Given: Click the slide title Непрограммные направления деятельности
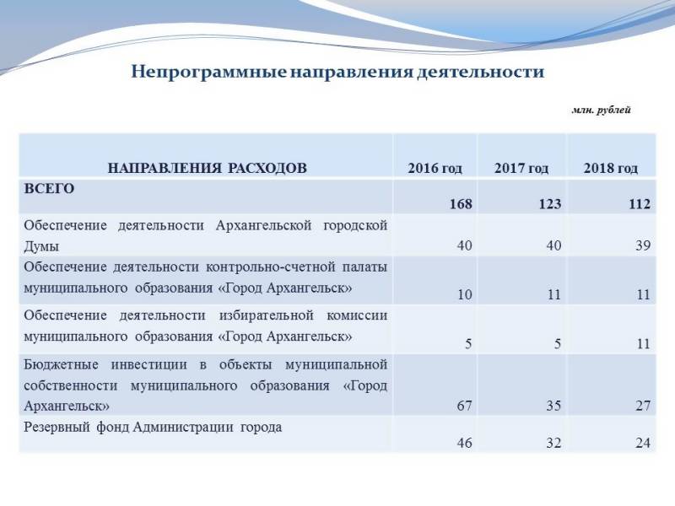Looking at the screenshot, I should (x=337, y=72).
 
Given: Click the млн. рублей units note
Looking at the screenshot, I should (x=601, y=110).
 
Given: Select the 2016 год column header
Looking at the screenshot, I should (x=435, y=168).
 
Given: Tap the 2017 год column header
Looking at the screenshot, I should (x=521, y=168).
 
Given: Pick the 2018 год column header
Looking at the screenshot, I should (x=610, y=168).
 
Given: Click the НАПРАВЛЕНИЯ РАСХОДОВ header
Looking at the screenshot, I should (x=207, y=168).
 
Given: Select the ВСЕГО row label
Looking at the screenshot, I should (x=50, y=188).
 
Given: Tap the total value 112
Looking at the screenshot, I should (x=640, y=204).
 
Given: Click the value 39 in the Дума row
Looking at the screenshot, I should (x=644, y=245).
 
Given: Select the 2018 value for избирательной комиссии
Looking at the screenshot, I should (x=644, y=343).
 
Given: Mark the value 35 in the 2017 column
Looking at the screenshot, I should (x=553, y=406).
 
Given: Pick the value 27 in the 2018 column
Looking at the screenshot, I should (x=644, y=406).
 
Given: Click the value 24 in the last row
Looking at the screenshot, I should (x=644, y=443).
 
